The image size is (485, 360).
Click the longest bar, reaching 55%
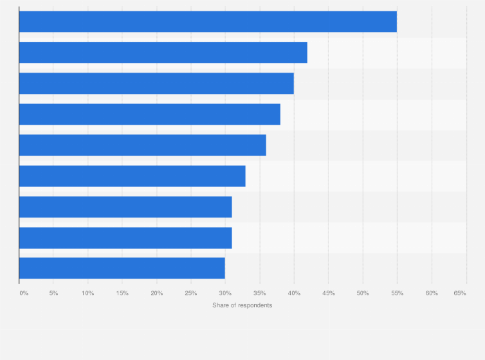pos(208,22)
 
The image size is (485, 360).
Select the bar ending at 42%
pos(163,53)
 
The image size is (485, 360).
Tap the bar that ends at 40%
pos(156,84)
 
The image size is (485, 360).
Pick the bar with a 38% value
pos(150,114)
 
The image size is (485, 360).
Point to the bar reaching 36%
pos(143,145)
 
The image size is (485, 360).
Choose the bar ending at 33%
pos(133,176)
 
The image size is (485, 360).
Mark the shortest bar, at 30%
pos(122,268)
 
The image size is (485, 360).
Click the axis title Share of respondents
pos(243,305)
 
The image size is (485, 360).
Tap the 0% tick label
pos(24,293)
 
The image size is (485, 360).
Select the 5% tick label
pos(54,293)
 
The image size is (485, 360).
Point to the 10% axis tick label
pos(88,293)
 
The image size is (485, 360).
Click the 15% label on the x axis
pos(122,293)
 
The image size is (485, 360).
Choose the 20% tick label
pos(157,293)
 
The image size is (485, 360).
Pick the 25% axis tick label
pos(191,293)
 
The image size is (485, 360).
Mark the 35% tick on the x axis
pos(260,293)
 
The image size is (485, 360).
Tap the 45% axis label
pos(329,293)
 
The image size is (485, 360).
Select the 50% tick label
pos(363,293)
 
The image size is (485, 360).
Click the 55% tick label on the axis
pos(398,293)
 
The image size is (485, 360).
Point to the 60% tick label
pos(432,293)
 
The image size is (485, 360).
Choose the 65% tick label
pos(460,293)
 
